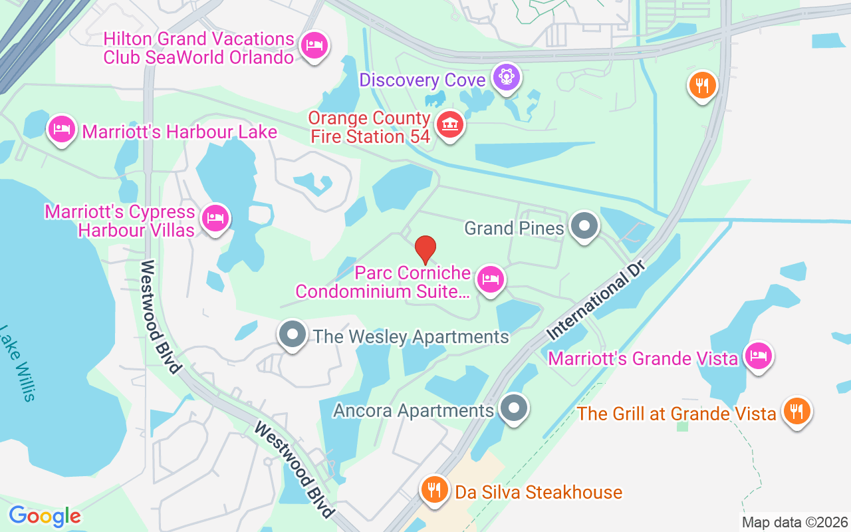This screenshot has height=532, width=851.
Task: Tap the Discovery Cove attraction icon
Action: (x=507, y=78)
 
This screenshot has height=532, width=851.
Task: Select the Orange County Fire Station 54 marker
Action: (x=450, y=124)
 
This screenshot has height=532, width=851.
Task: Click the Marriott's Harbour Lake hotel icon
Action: (x=62, y=128)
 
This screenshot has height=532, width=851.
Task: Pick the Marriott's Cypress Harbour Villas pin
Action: (x=215, y=217)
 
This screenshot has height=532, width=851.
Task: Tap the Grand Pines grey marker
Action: (x=584, y=226)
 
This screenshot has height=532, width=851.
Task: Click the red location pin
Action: (x=425, y=249)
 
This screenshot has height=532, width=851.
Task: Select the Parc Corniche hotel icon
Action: (x=491, y=279)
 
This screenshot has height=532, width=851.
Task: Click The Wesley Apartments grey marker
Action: (x=292, y=334)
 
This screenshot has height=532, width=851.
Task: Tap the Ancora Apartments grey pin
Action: (x=513, y=408)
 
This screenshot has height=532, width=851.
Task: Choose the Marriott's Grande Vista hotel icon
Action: (x=758, y=356)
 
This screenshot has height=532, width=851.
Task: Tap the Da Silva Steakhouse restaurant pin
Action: (x=434, y=491)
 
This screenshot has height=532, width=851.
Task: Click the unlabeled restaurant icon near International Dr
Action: (x=702, y=85)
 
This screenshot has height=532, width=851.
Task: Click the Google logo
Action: (x=45, y=516)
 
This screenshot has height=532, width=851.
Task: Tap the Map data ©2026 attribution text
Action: (x=794, y=522)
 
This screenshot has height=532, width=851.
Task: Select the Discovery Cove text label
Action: (x=422, y=80)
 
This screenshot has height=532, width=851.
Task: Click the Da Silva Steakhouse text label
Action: (x=539, y=492)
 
